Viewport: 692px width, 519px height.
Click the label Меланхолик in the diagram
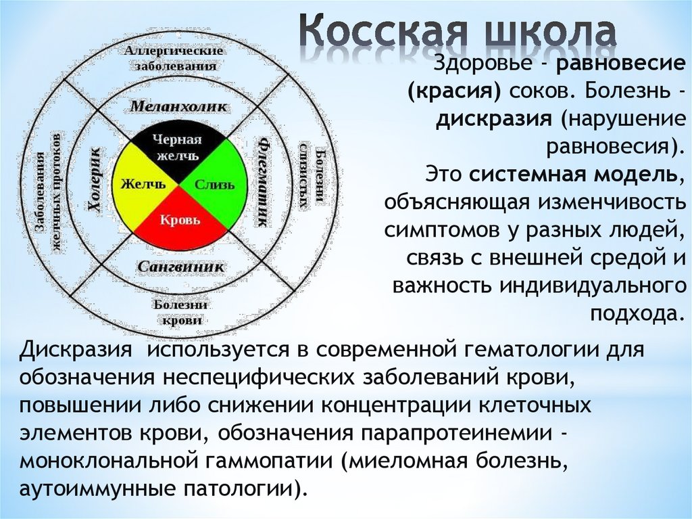click(178, 106)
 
